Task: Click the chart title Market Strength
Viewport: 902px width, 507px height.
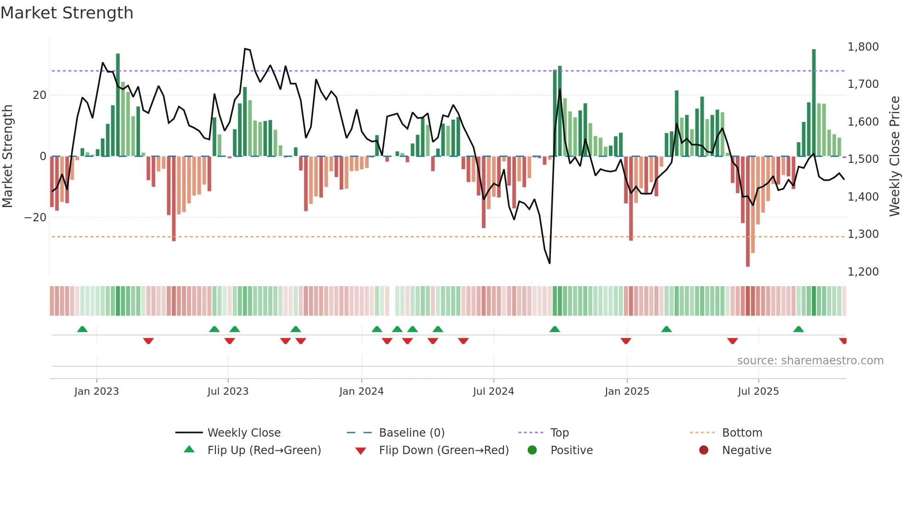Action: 67,13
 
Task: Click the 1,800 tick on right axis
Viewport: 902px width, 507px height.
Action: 863,46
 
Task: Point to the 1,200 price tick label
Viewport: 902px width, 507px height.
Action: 863,271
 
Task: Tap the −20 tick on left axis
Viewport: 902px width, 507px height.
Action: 35,217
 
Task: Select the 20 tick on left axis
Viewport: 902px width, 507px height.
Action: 40,95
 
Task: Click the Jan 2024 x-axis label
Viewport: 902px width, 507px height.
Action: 361,392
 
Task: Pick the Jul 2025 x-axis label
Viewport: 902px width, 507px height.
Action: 758,392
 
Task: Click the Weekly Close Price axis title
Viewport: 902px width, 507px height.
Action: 894,156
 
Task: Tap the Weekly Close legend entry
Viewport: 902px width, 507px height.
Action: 244,433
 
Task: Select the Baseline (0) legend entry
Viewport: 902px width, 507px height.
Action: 411,433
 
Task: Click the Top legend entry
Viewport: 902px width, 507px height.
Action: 560,433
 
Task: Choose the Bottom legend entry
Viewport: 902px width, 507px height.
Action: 742,433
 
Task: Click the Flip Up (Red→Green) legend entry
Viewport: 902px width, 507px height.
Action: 264,450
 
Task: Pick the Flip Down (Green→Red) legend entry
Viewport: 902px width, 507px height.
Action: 444,450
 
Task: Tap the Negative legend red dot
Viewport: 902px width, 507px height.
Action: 704,450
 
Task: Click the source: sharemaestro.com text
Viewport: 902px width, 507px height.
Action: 810,361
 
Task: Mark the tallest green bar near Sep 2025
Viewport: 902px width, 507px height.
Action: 814,101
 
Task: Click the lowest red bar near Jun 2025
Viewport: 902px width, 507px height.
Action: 748,212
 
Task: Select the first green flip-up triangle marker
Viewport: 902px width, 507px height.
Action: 82,329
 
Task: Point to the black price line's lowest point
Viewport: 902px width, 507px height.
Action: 549,263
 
